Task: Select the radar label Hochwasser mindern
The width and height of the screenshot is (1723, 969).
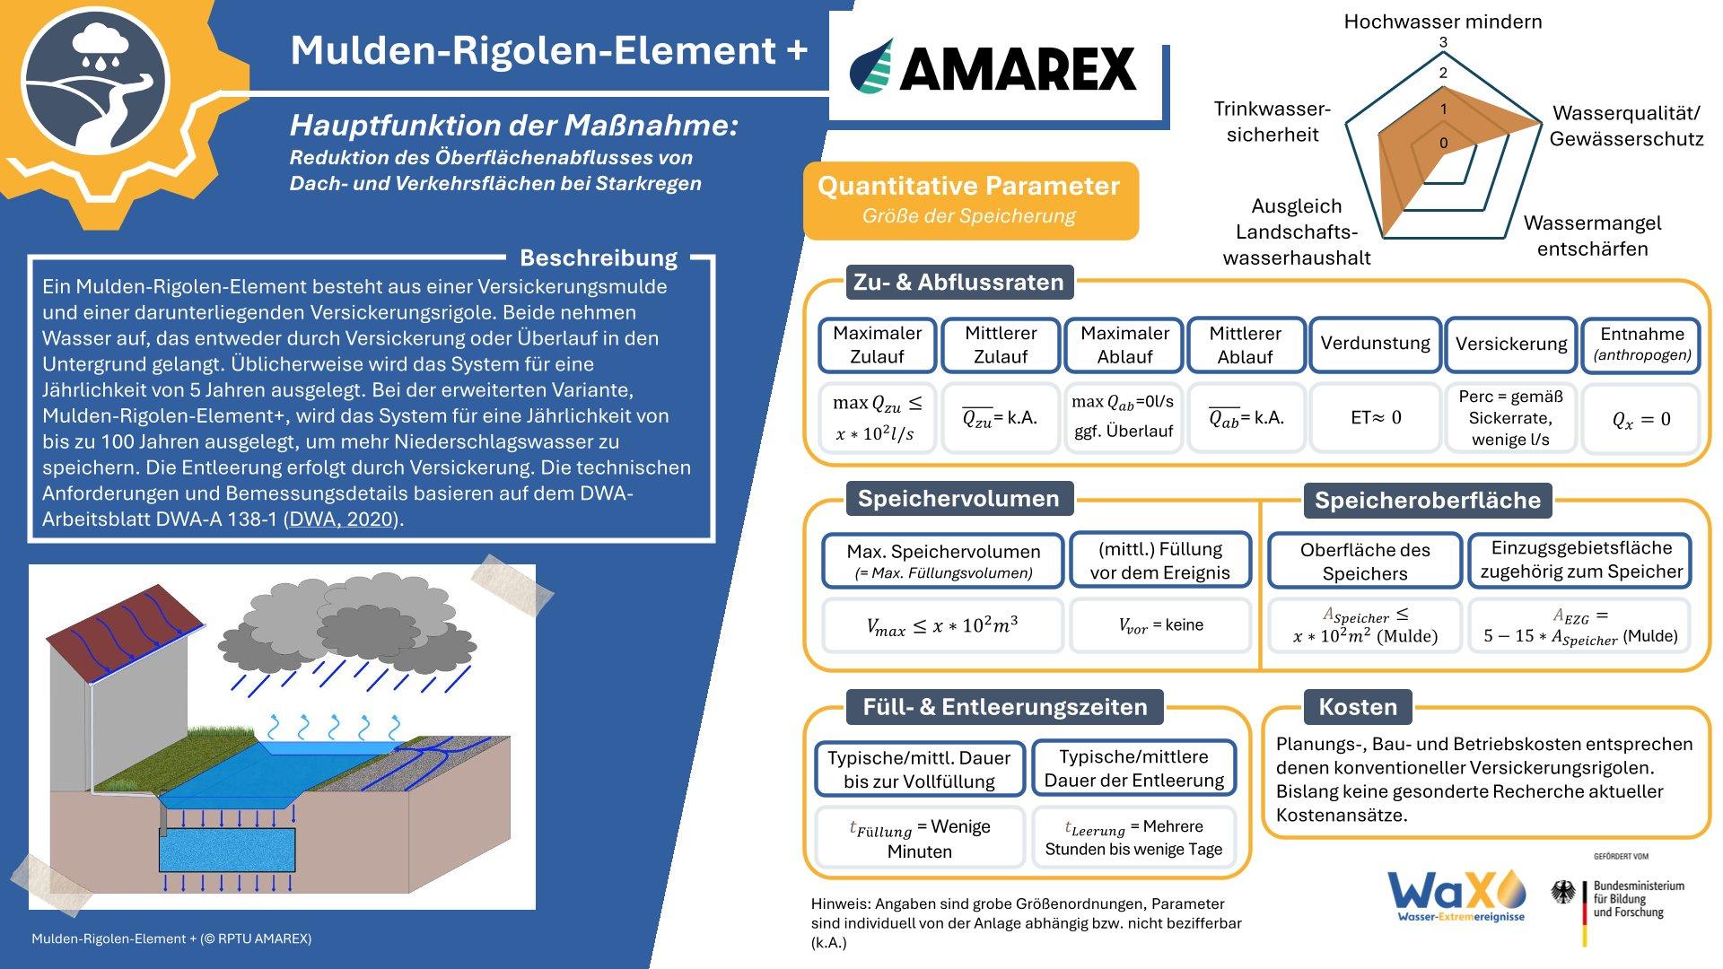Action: pyautogui.click(x=1443, y=22)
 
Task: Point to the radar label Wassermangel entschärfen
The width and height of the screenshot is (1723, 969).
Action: pyautogui.click(x=1592, y=235)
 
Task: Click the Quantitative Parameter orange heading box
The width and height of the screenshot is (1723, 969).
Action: pyautogui.click(x=970, y=200)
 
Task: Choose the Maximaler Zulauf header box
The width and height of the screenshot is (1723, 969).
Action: pyautogui.click(x=877, y=345)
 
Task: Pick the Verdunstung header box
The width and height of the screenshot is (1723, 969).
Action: pyautogui.click(x=1375, y=344)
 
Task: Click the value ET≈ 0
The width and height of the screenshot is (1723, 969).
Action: pyautogui.click(x=1376, y=417)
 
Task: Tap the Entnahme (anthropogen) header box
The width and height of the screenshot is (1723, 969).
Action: pyautogui.click(x=1641, y=345)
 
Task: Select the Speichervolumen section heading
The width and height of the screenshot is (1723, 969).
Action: pyautogui.click(x=958, y=499)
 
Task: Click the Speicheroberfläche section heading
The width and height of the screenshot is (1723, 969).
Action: pyautogui.click(x=1427, y=500)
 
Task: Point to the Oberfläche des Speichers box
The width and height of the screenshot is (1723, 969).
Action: pyautogui.click(x=1365, y=561)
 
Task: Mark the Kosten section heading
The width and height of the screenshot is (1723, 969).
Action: pyautogui.click(x=1358, y=707)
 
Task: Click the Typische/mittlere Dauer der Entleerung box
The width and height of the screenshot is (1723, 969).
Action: pyautogui.click(x=1133, y=768)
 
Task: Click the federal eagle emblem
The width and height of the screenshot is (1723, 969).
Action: pyautogui.click(x=1564, y=894)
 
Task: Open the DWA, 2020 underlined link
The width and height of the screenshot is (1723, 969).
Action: pyautogui.click(x=341, y=519)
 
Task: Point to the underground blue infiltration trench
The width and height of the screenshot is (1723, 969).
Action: pyautogui.click(x=227, y=850)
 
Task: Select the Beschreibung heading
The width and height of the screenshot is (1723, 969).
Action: pyautogui.click(x=599, y=258)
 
